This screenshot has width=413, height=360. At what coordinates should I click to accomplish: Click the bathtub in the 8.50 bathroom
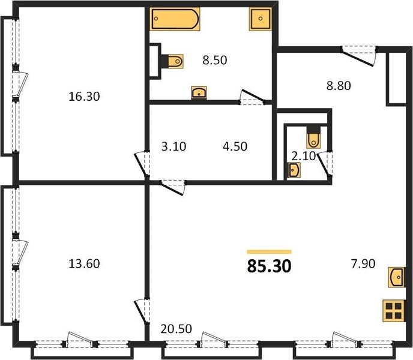[175, 19]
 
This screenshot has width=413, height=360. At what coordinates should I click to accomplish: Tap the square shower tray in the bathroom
[261, 19]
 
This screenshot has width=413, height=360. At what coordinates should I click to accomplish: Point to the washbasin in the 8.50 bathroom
[199, 93]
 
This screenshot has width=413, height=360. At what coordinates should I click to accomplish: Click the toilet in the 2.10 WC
[313, 137]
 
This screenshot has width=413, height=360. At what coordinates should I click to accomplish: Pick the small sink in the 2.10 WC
[294, 170]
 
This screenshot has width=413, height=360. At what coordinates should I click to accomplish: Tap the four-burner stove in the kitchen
[394, 310]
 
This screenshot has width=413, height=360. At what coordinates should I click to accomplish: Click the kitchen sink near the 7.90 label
[396, 277]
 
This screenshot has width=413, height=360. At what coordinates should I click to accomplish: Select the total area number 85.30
[269, 266]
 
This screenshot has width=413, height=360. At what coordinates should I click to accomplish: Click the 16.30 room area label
[84, 97]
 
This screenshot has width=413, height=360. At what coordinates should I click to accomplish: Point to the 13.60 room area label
[84, 263]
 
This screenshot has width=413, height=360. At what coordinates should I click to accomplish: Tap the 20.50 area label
[176, 329]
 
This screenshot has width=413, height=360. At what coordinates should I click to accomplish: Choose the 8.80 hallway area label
[339, 86]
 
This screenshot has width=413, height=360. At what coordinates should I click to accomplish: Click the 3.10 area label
[173, 146]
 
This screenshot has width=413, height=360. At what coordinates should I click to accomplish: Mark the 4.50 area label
[235, 146]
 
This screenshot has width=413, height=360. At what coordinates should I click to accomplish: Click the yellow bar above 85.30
[269, 252]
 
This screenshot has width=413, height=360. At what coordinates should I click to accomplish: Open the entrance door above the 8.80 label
[358, 56]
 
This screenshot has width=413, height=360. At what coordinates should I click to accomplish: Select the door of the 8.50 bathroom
[252, 97]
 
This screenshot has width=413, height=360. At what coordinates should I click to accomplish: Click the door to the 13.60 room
[142, 311]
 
